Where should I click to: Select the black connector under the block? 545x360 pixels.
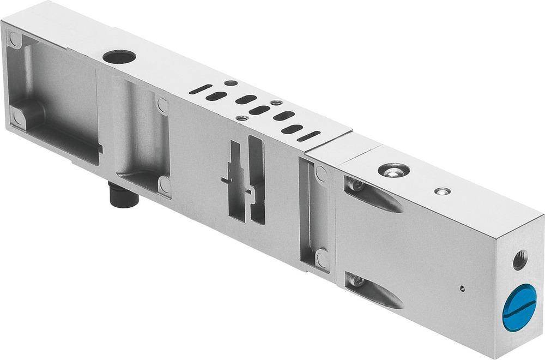pos(123,195)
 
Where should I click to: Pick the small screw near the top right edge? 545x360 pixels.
pos(443,191)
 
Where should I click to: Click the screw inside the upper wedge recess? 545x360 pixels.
pos(357,185)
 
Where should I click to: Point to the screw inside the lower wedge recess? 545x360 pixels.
pos(357,281)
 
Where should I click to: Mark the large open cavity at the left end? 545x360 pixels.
pos(55,98)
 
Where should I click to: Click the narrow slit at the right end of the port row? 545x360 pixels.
pos(308,136)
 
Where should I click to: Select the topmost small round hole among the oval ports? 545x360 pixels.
pos(231,83)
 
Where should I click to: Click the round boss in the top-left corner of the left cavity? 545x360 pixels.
pos(15,39)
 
